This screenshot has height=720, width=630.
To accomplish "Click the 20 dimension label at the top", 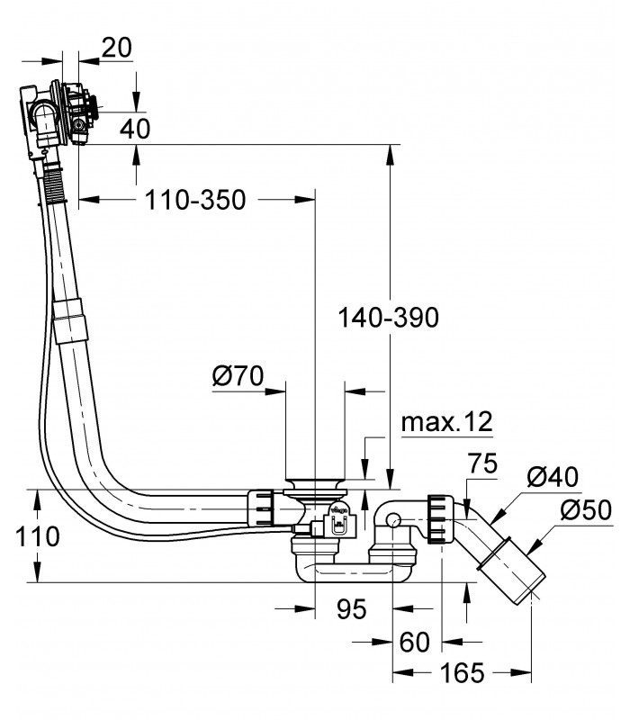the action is point(117,48).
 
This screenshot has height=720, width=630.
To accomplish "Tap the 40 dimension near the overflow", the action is point(135,129).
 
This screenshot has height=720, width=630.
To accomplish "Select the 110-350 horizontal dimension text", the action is point(195,200).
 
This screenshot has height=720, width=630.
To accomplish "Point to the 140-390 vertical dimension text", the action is point(389,318).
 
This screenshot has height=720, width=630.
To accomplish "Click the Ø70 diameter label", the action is point(238,375).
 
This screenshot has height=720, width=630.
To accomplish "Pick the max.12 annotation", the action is point(446,421).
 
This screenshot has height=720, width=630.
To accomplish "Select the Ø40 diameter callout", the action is point(553,477).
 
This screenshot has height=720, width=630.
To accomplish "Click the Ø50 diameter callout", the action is point(586,509).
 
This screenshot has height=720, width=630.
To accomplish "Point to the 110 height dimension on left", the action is point(37,536).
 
